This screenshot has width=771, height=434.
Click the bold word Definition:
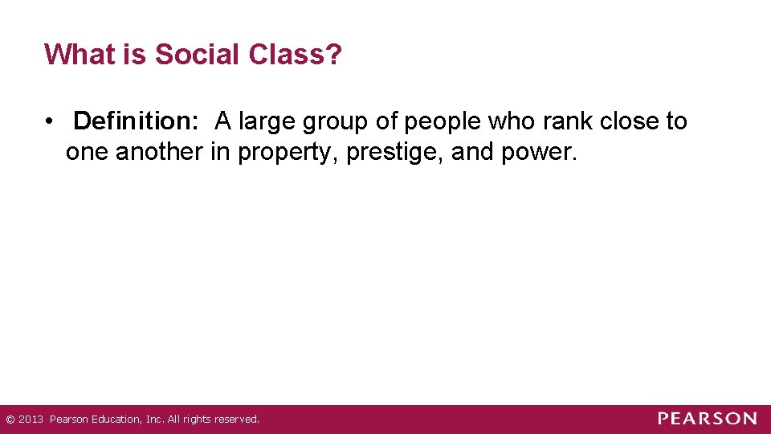point(136,121)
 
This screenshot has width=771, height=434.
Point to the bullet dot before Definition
point(50,122)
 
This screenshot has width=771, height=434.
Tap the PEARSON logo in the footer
point(708,419)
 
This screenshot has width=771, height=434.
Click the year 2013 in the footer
point(30,420)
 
